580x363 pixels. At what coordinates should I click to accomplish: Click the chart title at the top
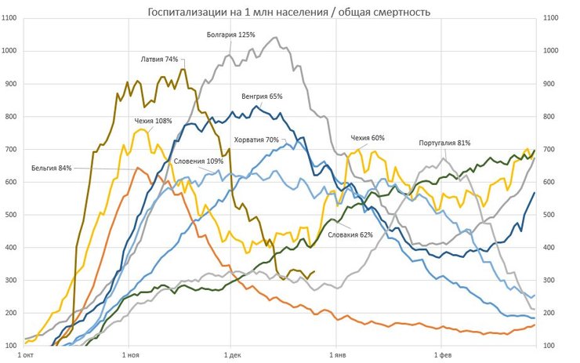[289, 11]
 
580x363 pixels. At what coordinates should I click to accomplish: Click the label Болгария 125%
[231, 34]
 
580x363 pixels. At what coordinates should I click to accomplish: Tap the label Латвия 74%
[159, 60]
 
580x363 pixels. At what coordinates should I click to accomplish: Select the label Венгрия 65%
[262, 96]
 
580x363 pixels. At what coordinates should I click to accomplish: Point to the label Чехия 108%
[153, 121]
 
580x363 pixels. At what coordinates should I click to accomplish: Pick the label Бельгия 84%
[52, 168]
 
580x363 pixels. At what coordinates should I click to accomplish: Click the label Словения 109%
[198, 161]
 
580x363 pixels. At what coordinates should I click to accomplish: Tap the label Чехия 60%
[367, 138]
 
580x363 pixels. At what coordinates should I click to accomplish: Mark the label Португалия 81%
[444, 143]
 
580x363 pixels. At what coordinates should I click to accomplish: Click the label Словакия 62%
[350, 234]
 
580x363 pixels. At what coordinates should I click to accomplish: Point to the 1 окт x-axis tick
[25, 354]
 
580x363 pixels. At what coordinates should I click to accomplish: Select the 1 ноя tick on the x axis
[127, 354]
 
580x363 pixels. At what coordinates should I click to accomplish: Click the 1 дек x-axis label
[231, 354]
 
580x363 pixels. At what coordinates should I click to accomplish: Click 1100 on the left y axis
[12, 18]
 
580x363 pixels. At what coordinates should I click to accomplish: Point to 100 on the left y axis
[13, 346]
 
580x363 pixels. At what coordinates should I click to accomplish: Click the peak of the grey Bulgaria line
[275, 38]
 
